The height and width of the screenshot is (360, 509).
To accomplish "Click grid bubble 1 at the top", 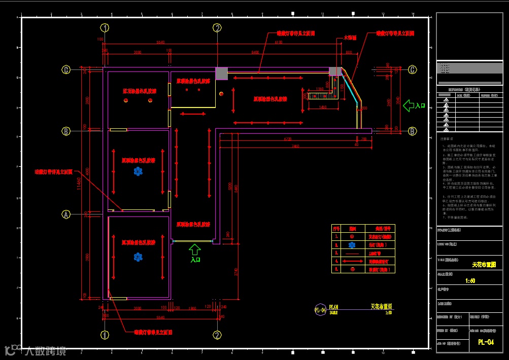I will coord(105,27).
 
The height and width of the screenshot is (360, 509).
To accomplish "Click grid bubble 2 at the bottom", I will coord(217,335).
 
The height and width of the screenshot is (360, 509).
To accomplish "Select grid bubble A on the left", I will coord(65,214).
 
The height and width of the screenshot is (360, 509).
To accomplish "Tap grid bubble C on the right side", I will coord(413,69).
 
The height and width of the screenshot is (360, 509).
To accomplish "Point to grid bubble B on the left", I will coord(65,131).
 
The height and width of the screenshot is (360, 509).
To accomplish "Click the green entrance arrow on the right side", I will coord(409,105).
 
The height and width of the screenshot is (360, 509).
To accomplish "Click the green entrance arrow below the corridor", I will coord(195,249).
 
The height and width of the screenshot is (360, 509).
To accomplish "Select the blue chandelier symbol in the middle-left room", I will coord(138,172).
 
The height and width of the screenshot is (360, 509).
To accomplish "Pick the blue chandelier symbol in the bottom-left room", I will coord(138,257).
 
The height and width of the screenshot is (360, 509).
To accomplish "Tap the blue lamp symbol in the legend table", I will coord(352,244).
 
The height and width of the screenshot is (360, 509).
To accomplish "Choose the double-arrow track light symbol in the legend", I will coord(352,261).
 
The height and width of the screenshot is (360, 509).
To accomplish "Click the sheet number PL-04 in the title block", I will coord(486,342).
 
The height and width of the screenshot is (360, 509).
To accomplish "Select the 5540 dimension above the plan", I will coord(161,42).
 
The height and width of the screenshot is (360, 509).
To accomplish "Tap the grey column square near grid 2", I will coord(221,74).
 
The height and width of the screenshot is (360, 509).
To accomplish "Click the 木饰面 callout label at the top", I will coord(350,38).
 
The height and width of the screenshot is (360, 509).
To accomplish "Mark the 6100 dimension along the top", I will coord(279,44).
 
